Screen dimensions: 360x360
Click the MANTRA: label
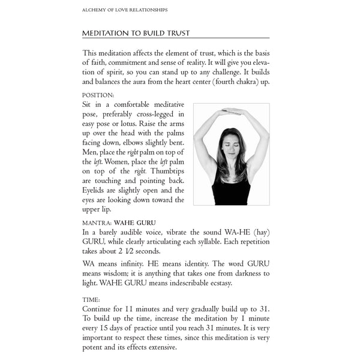(x=98, y=222)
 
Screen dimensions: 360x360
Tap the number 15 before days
(x=104, y=329)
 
